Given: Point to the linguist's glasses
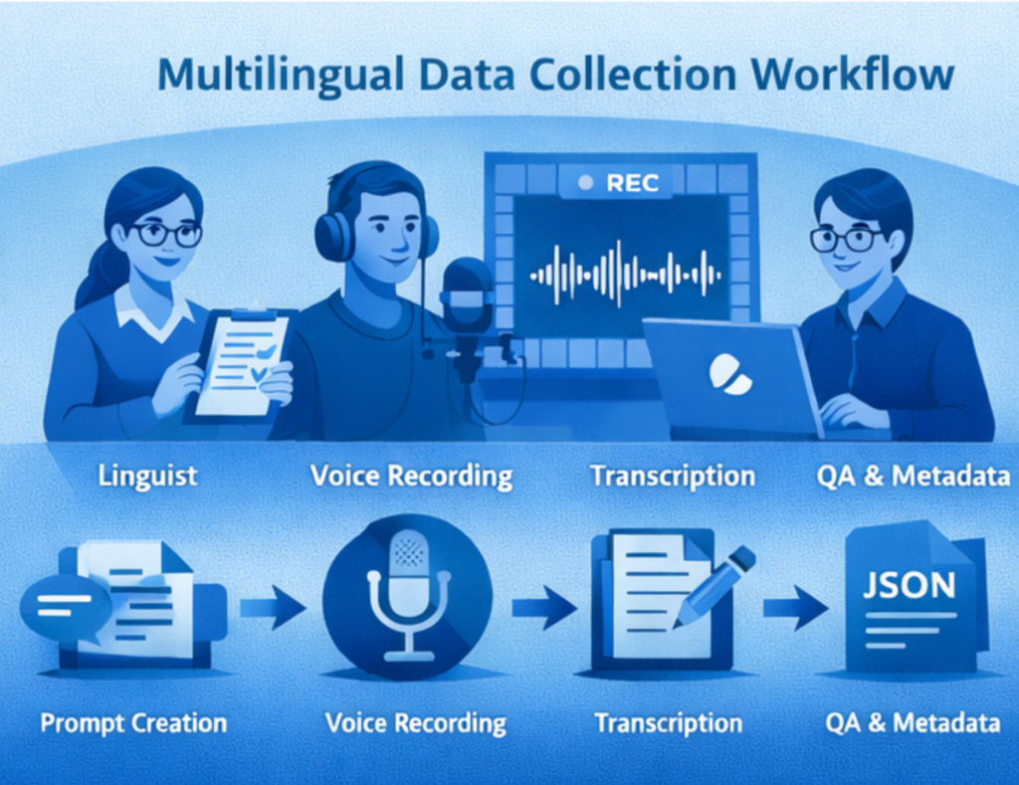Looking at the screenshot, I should point(167,234).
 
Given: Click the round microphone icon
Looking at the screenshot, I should point(407,597).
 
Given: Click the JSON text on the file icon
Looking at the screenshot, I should point(909,585).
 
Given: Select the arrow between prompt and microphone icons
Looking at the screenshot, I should point(273,607).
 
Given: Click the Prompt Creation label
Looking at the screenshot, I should point(133,722).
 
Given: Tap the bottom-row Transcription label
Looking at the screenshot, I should point(668,722).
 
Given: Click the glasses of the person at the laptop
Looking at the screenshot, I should point(846,239).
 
